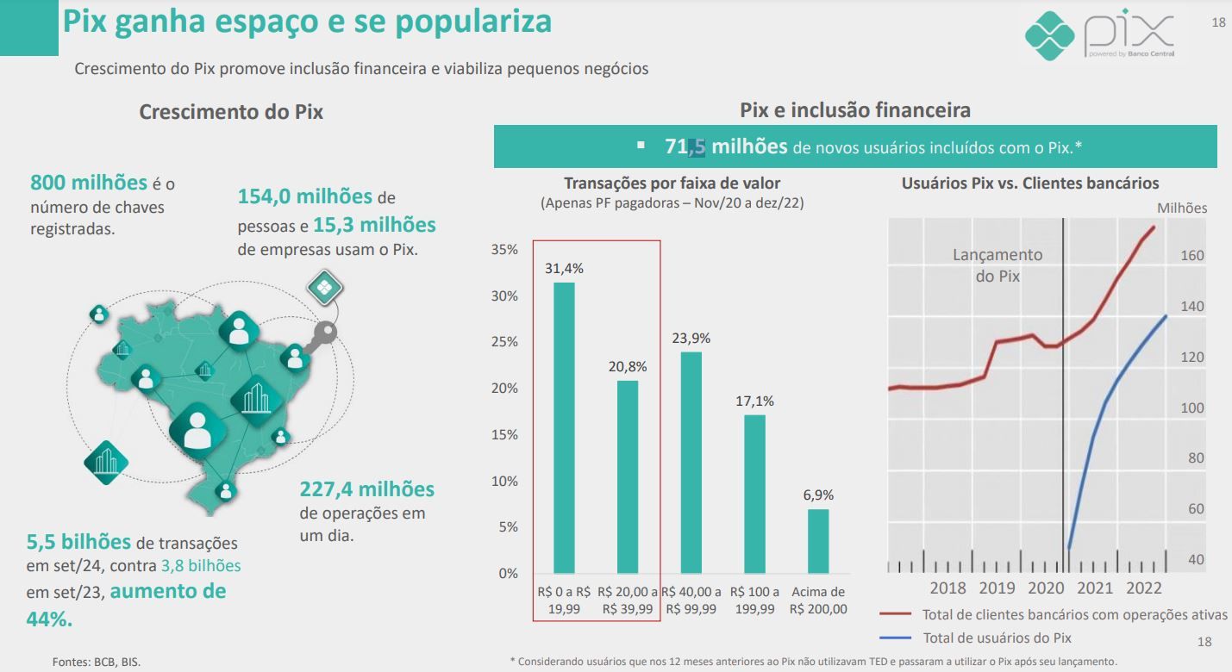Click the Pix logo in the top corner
1100,35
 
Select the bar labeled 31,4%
564,427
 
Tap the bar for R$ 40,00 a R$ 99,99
691,462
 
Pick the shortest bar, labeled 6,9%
817,540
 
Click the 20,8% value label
627,366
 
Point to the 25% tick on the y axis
504,342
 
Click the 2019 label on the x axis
997,588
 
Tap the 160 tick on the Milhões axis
1192,256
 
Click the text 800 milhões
89,183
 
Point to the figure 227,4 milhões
367,489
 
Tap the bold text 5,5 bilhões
78,542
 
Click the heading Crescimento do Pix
231,112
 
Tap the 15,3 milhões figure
374,225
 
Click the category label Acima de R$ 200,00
818,600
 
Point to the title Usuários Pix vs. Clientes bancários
1029,183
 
